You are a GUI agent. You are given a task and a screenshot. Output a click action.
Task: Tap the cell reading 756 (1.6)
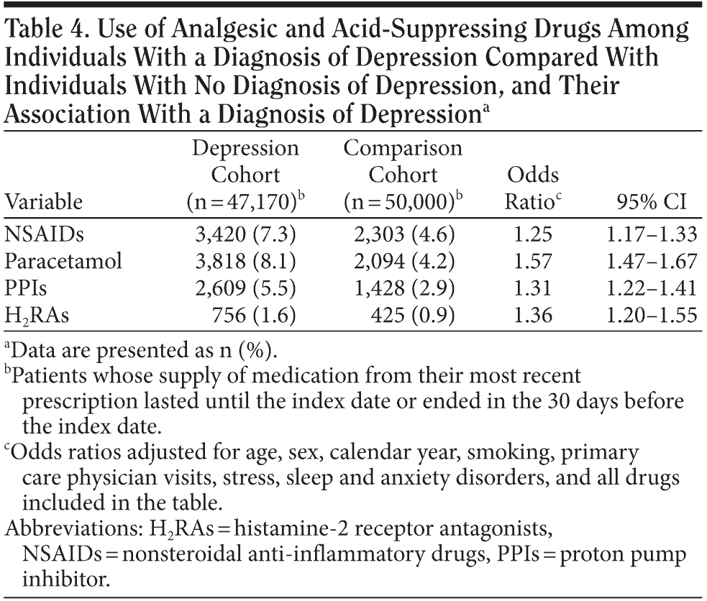tap(263, 316)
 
